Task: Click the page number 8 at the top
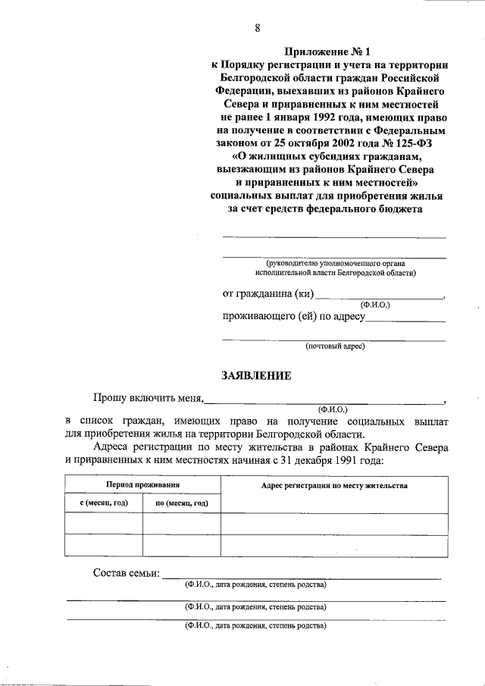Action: coord(258,29)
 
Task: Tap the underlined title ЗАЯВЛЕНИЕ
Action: coord(255,374)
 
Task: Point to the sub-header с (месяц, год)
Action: coord(103,503)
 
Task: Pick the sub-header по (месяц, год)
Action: coord(182,503)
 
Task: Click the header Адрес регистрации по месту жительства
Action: coord(333,484)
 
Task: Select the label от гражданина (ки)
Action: coord(267,294)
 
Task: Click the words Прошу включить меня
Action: coord(147,396)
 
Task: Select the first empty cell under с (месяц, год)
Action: coord(103,524)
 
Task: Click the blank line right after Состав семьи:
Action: coord(303,576)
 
